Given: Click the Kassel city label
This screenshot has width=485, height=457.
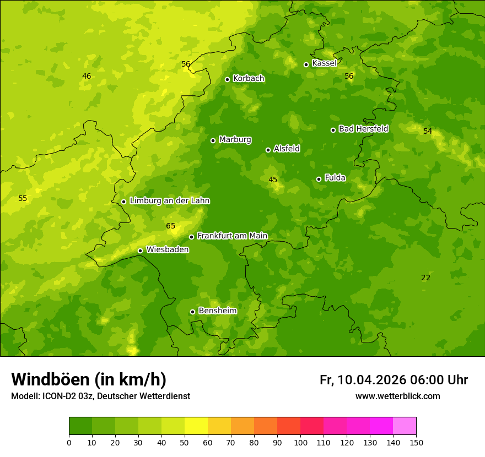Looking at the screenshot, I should (x=324, y=63).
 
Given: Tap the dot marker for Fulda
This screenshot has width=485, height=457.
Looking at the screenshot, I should (x=319, y=179).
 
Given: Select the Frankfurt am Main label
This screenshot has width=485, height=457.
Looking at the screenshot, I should (x=232, y=236).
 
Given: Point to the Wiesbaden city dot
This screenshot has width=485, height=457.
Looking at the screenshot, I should (x=140, y=251).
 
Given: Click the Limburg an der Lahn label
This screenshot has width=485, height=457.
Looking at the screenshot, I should (x=169, y=201).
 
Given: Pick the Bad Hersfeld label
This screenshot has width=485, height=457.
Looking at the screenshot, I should (x=363, y=129).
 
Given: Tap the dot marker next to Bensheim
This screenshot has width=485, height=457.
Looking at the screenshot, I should (x=192, y=312).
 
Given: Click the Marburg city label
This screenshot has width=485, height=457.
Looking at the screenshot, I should (x=235, y=140).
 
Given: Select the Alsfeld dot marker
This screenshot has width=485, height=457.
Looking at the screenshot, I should (x=268, y=150).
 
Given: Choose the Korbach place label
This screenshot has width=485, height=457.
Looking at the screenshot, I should (x=249, y=79).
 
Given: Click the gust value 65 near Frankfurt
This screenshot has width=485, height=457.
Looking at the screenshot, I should (x=170, y=226).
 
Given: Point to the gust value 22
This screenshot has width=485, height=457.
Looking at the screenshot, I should (x=425, y=278).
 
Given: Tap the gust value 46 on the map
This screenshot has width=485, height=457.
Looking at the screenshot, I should (x=87, y=76).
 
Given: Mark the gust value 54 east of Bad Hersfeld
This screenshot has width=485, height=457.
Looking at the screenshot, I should (x=428, y=131).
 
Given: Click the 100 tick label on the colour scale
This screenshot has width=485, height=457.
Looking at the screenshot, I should (x=300, y=442).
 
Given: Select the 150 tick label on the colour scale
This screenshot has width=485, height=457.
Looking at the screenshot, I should (x=416, y=442).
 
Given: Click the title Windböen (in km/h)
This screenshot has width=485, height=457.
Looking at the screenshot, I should (x=89, y=379).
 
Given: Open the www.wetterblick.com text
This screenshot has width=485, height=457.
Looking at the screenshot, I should (x=397, y=396).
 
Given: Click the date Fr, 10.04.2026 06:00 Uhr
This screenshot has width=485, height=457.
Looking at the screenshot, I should (x=394, y=380).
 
